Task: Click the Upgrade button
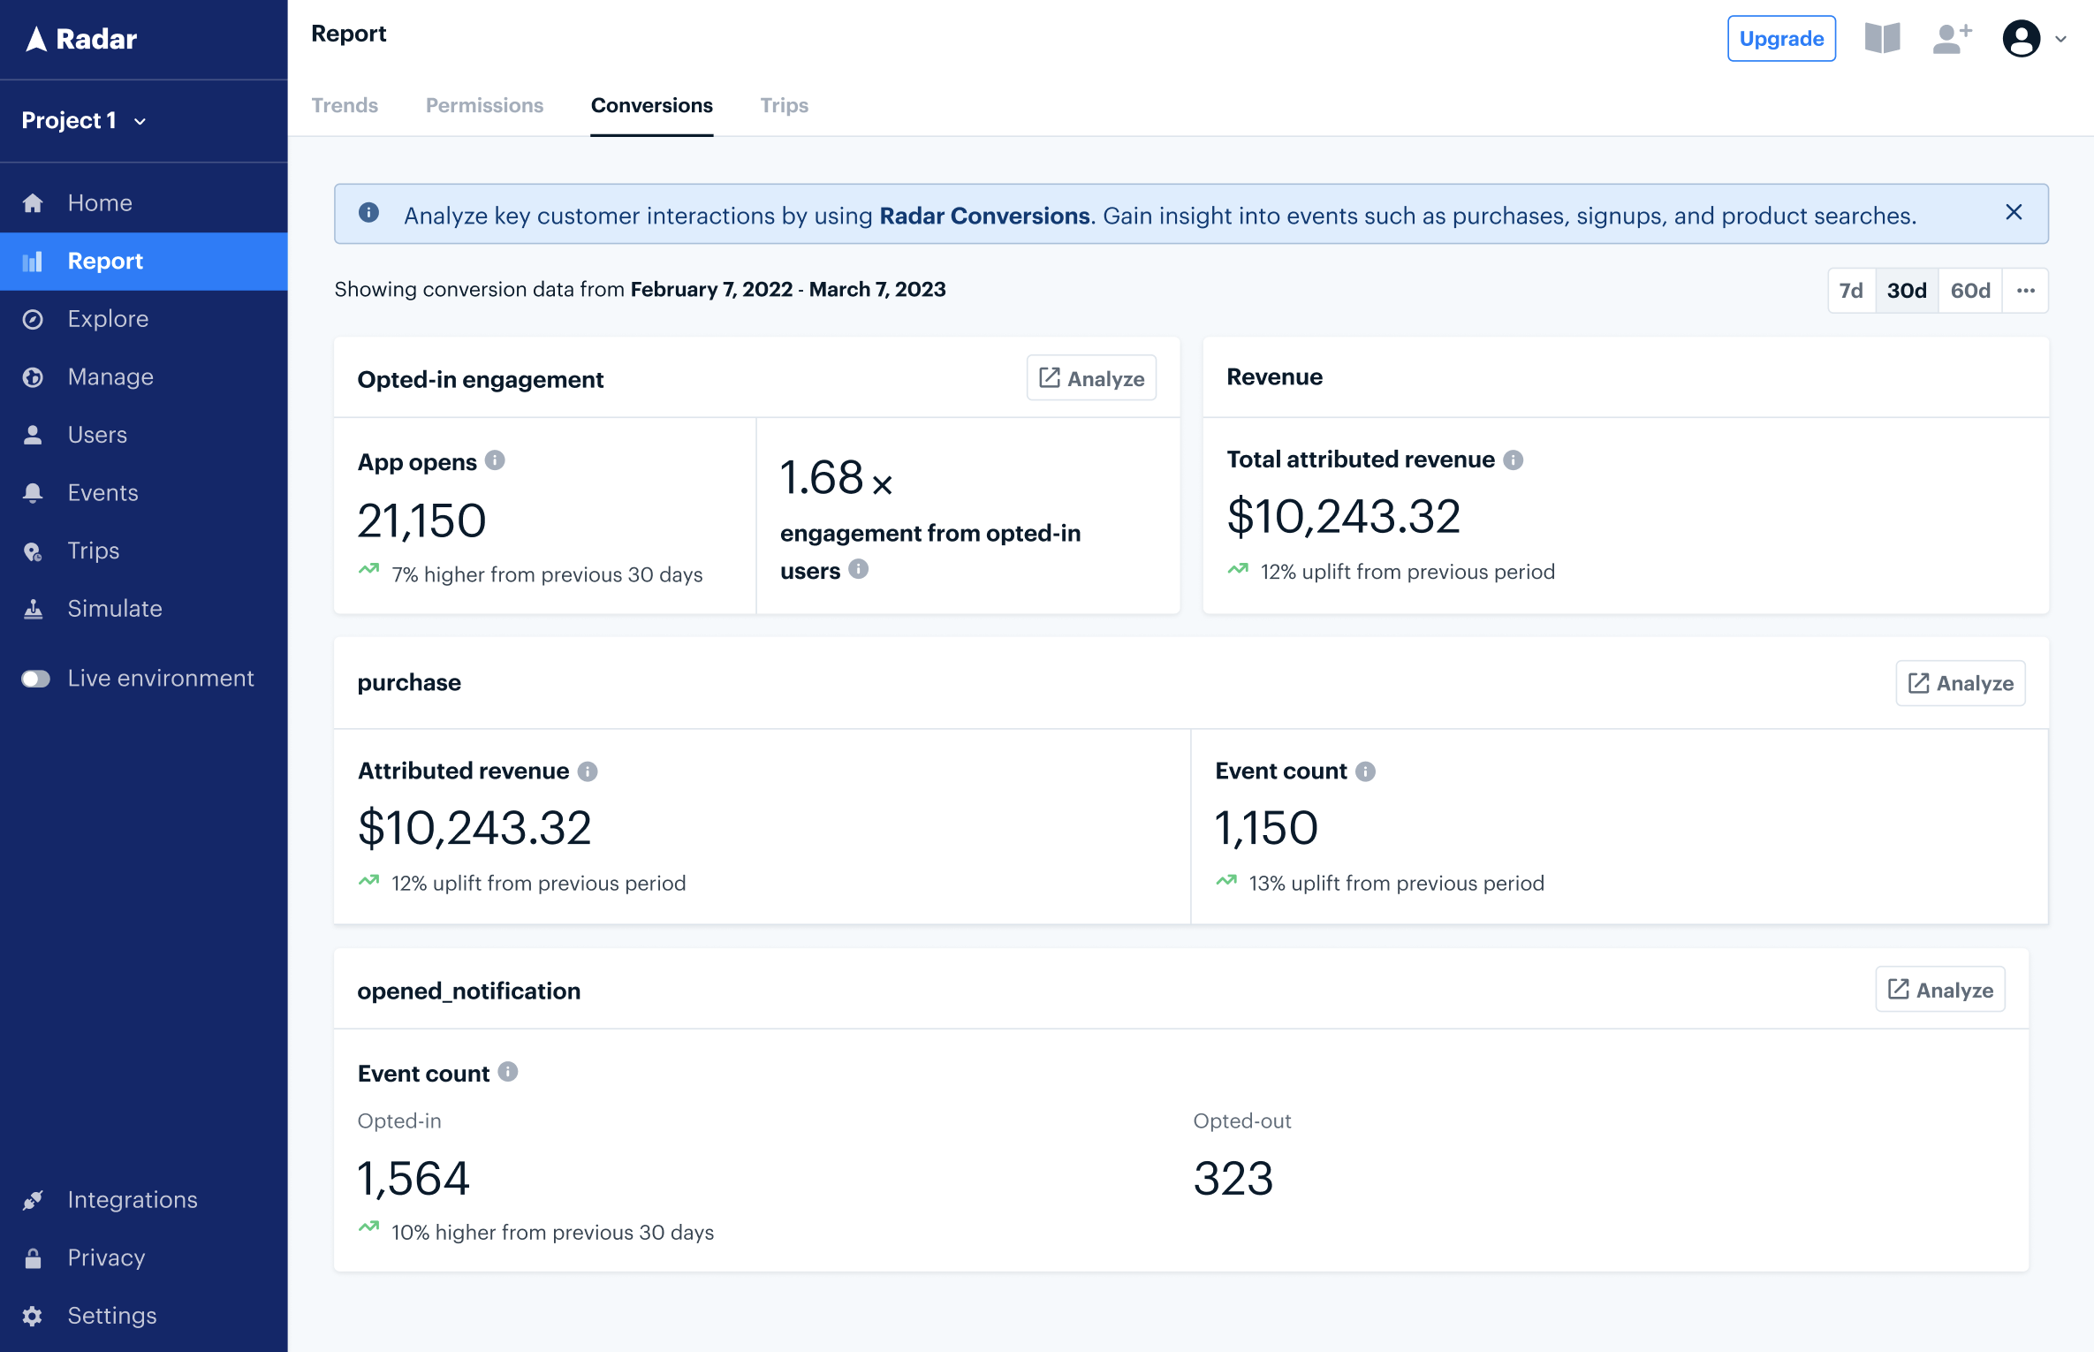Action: (x=1780, y=39)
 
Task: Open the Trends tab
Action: (x=345, y=105)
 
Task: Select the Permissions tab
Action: (x=484, y=105)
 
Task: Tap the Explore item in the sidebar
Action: (x=108, y=319)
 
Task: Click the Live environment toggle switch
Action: (x=36, y=679)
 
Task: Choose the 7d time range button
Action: (x=1850, y=291)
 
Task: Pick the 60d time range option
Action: (x=1969, y=291)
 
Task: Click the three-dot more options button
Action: (x=2025, y=291)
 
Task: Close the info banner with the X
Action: (x=2014, y=212)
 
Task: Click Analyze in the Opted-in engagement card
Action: (x=1091, y=378)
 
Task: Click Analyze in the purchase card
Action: (x=1960, y=683)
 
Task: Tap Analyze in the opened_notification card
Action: (x=1939, y=990)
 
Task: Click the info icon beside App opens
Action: (x=495, y=460)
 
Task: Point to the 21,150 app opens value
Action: (x=421, y=520)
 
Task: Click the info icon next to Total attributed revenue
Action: (x=1513, y=460)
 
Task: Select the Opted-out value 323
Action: (x=1233, y=1179)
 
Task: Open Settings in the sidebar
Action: (x=111, y=1316)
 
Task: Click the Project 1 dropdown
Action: (x=84, y=121)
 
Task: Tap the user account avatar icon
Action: (x=2021, y=39)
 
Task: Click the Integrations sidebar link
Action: (x=133, y=1200)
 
